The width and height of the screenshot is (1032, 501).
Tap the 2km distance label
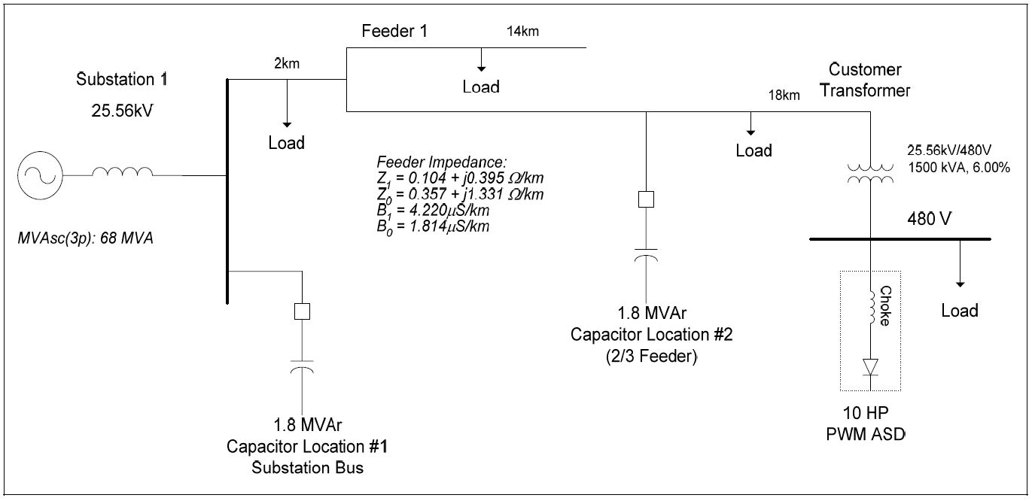pos(287,64)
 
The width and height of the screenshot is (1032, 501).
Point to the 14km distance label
pos(522,32)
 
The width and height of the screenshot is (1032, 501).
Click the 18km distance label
pos(783,96)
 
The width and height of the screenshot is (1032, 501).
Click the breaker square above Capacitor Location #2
pos(646,199)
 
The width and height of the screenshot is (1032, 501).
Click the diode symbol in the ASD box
pos(870,367)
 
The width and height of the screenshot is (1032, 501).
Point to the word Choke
pos(885,305)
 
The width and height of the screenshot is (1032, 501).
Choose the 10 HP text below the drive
pos(870,414)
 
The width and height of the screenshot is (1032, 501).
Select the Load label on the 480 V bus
pos(960,311)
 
